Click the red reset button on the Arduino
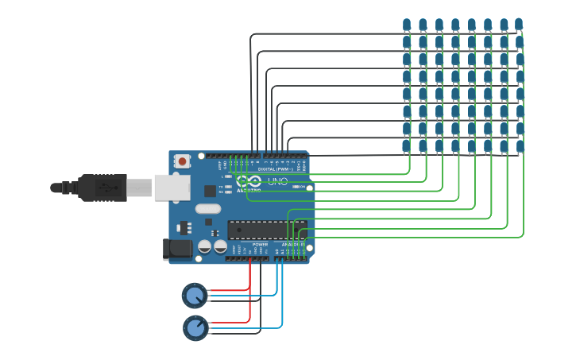[183, 161]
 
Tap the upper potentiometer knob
[194, 295]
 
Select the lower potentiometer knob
[195, 327]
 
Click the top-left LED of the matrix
[407, 25]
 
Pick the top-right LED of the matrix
[519, 25]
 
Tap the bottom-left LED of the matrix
[406, 145]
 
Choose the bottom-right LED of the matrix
[520, 145]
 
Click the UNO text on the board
[277, 181]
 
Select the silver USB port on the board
[172, 187]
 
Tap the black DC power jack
[177, 249]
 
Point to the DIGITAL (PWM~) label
[273, 169]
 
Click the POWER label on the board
[260, 245]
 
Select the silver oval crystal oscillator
[207, 209]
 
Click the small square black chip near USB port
[210, 191]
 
